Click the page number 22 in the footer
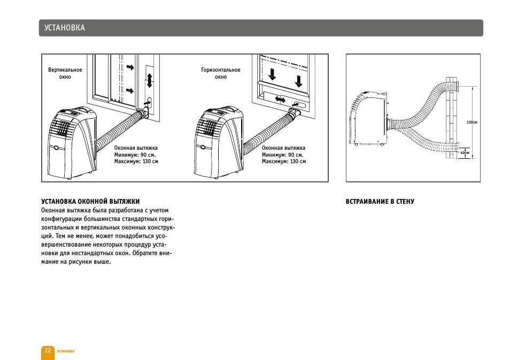[x=48, y=350]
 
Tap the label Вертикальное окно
[x=65, y=73]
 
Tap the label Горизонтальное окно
[x=221, y=73]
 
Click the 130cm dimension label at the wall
[x=472, y=122]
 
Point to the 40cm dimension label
[x=465, y=153]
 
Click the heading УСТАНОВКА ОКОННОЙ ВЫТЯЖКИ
[x=90, y=202]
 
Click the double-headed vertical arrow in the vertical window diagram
[x=149, y=80]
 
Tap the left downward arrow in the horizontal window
[x=272, y=74]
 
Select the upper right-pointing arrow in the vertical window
[x=130, y=67]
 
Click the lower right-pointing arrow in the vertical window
[x=130, y=89]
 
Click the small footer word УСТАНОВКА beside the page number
[x=66, y=351]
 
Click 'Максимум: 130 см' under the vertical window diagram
[x=136, y=161]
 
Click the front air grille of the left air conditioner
[x=60, y=128]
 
